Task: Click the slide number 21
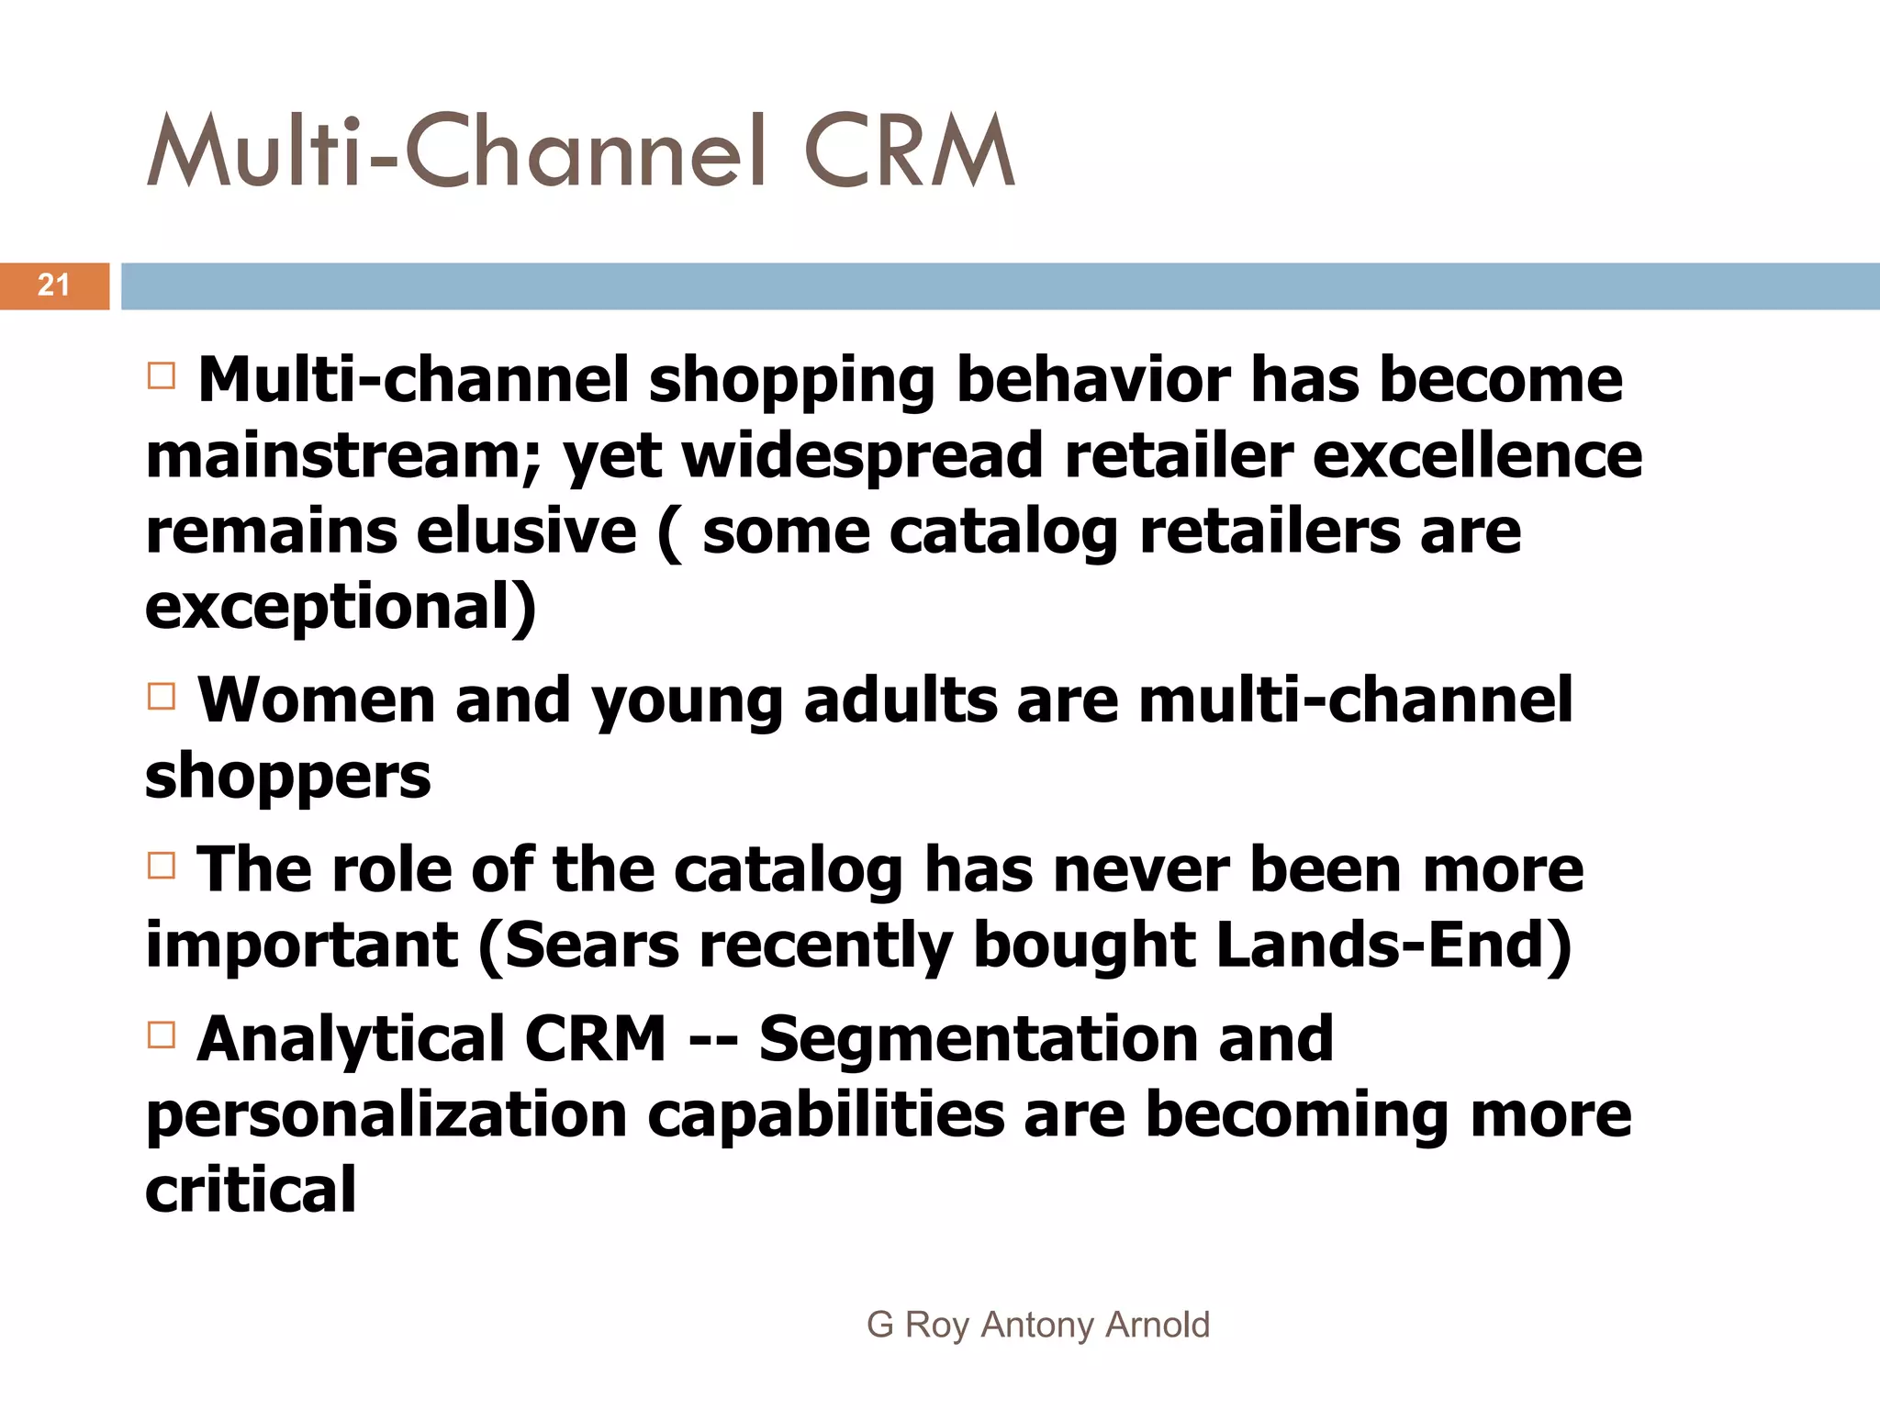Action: (x=53, y=285)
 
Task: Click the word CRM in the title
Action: (x=909, y=153)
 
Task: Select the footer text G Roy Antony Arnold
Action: (x=1038, y=1325)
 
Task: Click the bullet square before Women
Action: (x=162, y=697)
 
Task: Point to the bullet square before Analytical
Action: (x=162, y=1035)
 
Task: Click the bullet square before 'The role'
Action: (x=162, y=866)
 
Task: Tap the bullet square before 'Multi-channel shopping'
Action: (x=162, y=375)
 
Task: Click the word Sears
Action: (x=591, y=946)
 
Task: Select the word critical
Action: (x=251, y=1190)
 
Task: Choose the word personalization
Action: (x=386, y=1116)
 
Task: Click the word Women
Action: (x=316, y=700)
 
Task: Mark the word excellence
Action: (x=1477, y=456)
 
